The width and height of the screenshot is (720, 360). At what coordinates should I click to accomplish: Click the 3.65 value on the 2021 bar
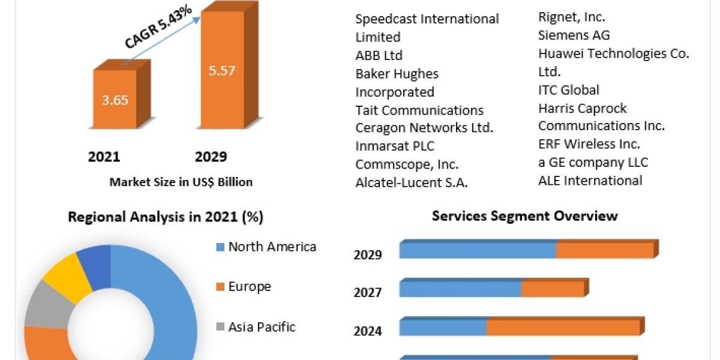tap(115, 100)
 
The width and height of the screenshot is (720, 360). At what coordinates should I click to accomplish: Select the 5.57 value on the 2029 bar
tap(223, 70)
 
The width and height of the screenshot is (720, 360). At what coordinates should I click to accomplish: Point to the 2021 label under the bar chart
tap(104, 157)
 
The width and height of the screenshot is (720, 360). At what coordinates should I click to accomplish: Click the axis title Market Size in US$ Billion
tap(181, 182)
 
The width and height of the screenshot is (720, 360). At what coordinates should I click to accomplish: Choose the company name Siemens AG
tap(574, 35)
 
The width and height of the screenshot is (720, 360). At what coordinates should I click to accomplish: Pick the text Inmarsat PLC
tap(394, 146)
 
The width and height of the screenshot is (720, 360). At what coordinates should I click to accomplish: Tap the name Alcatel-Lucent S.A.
tap(412, 183)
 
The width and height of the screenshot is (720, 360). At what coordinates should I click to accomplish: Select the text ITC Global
tap(568, 90)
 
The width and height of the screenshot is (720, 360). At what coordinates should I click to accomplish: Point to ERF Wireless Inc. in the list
tap(589, 144)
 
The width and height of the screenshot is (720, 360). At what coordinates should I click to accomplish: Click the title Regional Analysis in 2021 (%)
tap(166, 217)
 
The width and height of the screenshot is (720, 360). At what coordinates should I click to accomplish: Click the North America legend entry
tap(272, 247)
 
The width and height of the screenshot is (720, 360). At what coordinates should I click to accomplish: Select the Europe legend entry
tap(249, 287)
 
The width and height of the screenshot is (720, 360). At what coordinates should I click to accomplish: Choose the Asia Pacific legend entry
tap(262, 327)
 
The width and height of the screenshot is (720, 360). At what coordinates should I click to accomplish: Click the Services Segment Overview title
tap(524, 216)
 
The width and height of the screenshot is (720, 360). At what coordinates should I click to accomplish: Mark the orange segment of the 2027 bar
tap(552, 289)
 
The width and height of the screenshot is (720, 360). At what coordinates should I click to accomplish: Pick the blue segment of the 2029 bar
tap(478, 250)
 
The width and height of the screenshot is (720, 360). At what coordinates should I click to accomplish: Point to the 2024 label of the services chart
tap(368, 331)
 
